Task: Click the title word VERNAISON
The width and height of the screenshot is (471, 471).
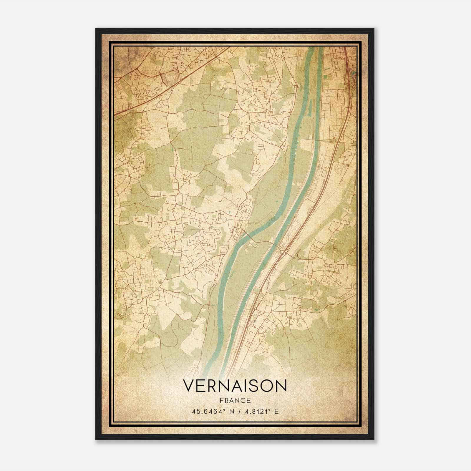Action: point(235,386)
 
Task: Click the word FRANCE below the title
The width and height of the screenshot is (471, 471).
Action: point(235,400)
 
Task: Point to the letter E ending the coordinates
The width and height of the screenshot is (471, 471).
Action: point(276,411)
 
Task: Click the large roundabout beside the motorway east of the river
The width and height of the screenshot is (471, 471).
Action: point(282,249)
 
